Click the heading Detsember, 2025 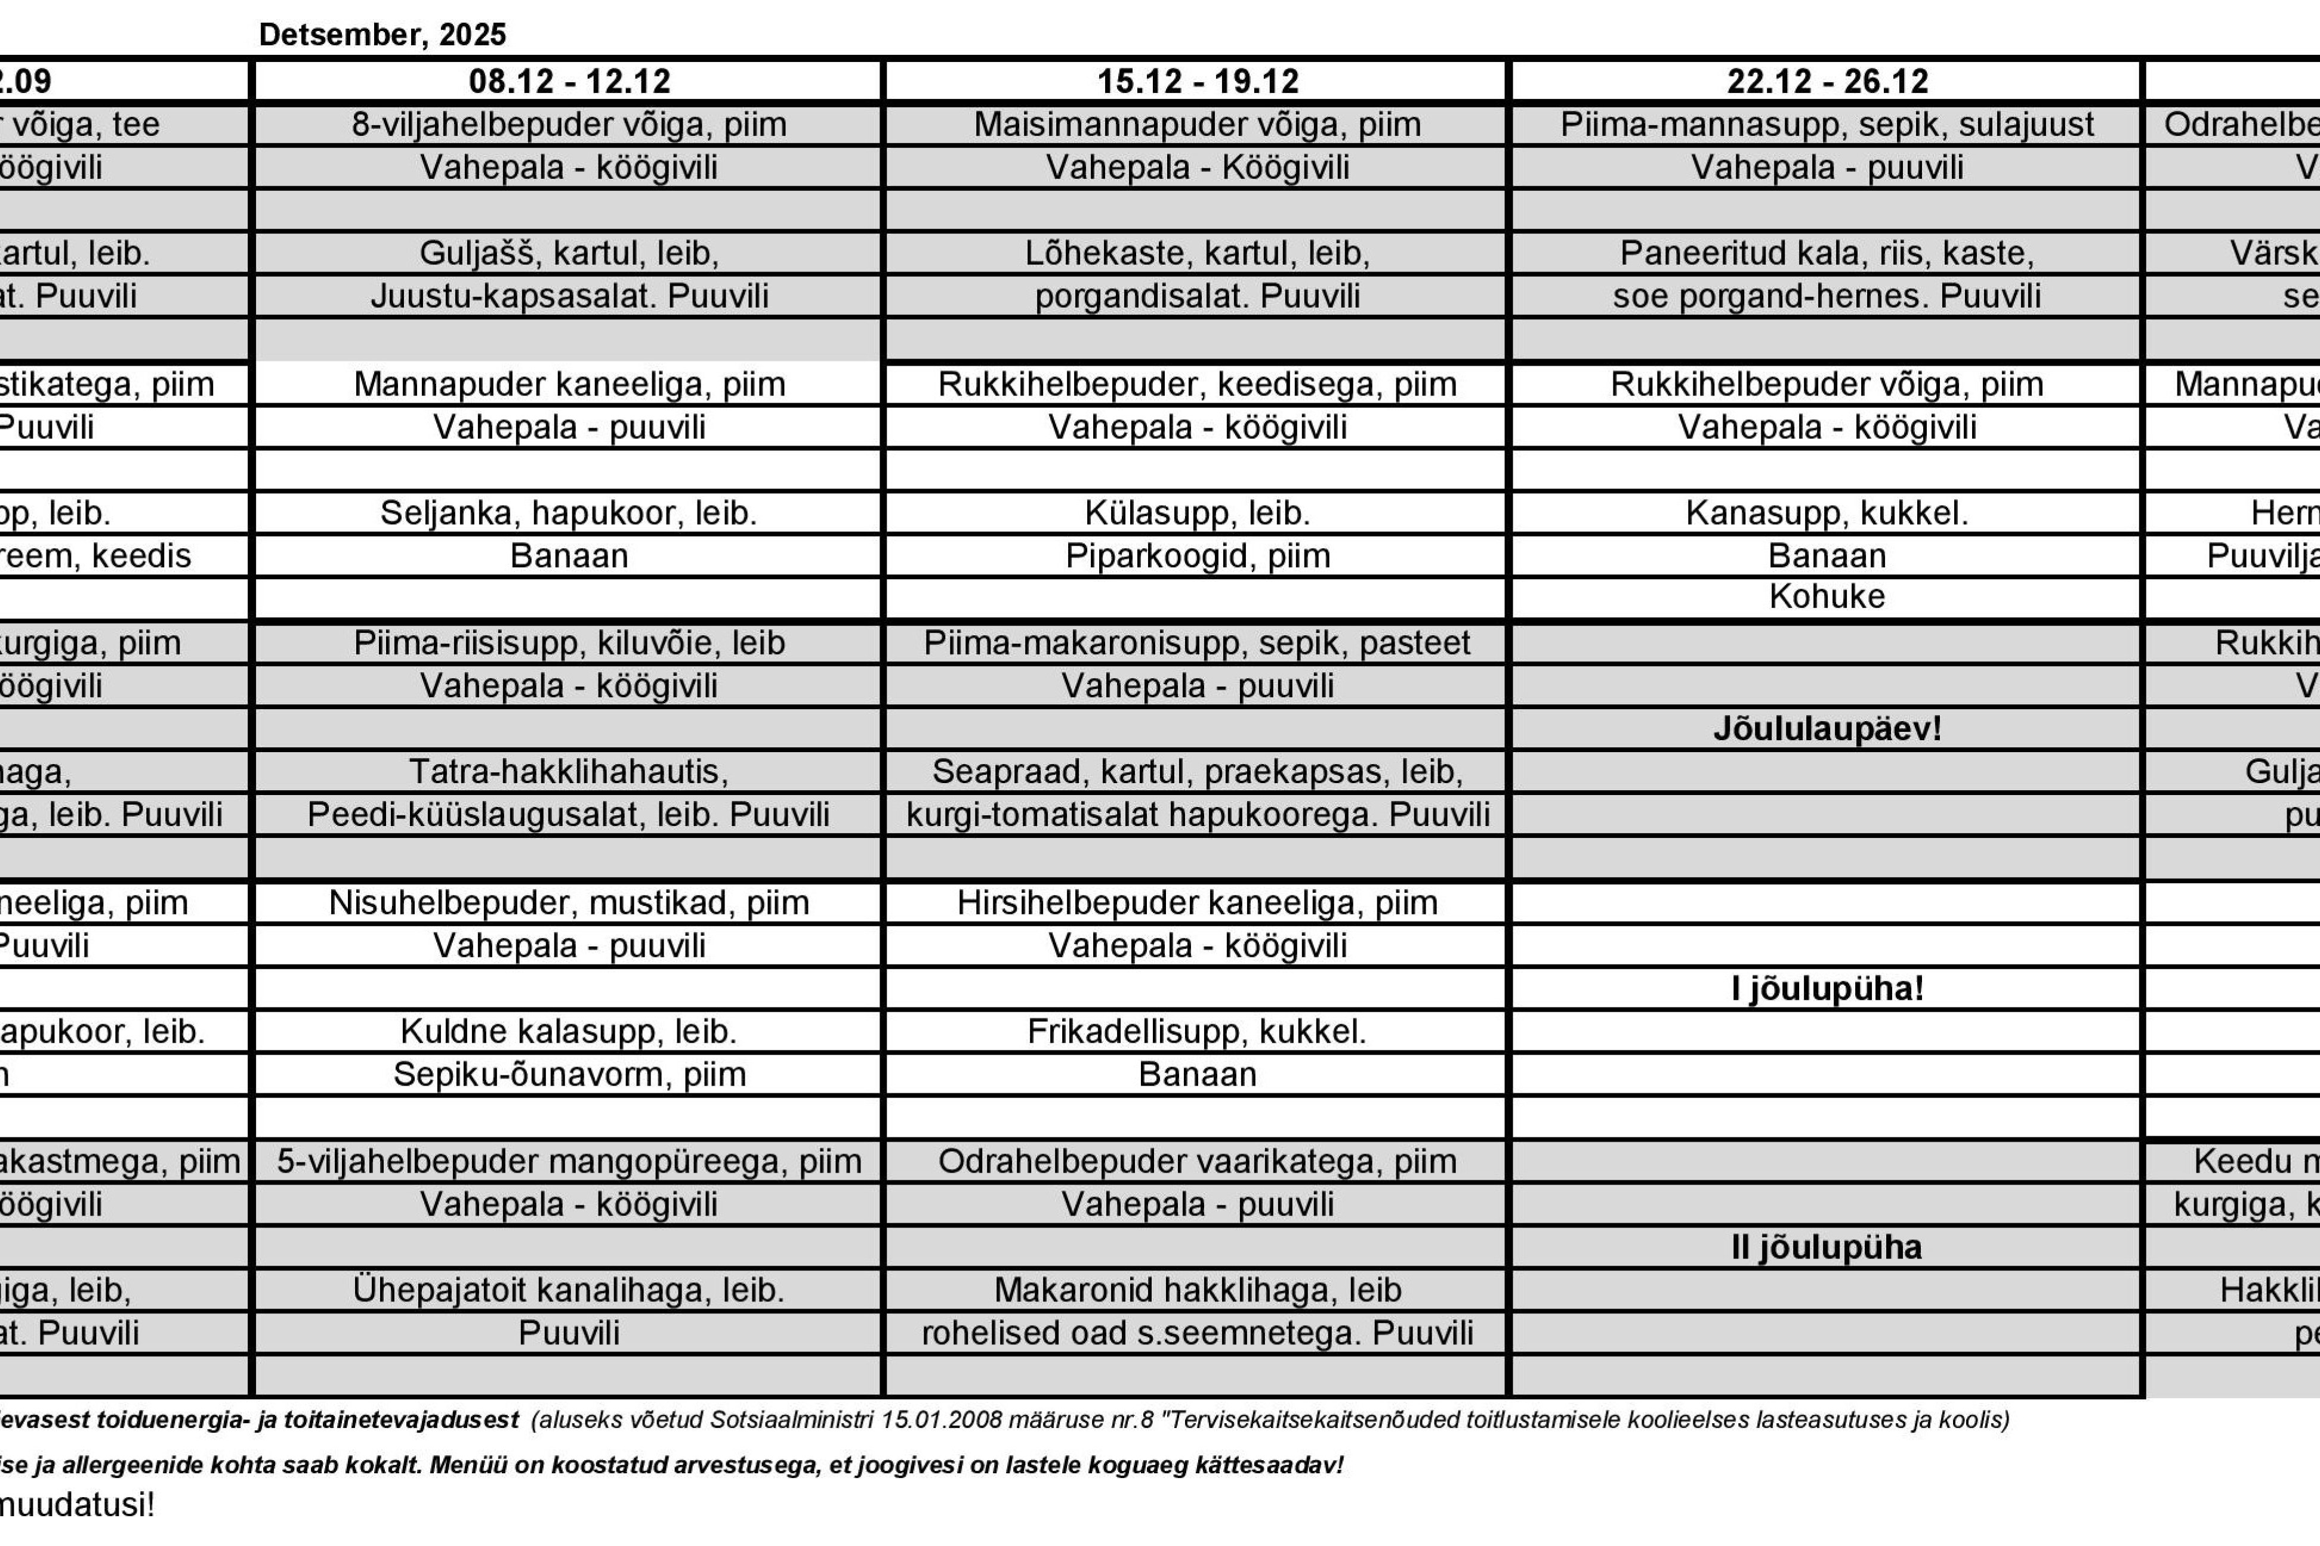[382, 35]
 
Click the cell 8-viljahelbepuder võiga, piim [569, 124]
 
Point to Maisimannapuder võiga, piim [1198, 124]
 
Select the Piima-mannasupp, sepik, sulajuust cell [1827, 124]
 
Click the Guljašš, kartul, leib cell [569, 253]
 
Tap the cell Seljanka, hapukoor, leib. [569, 513]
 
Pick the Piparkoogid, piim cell [1198, 556]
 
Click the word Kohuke [1827, 596]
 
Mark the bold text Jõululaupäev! [1827, 729]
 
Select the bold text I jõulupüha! [1827, 988]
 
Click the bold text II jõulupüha [1827, 1247]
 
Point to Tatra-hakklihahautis [569, 771]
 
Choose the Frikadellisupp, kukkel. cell [1198, 1031]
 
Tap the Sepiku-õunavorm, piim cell [569, 1074]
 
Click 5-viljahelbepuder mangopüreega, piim [569, 1161]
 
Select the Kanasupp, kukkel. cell [1827, 513]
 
